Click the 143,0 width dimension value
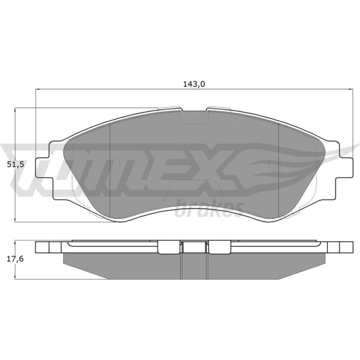pos(194,84)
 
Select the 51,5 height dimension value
pos(15,165)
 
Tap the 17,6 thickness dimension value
pos(15,259)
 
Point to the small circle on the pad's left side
pos(113,164)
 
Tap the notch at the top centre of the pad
pos(194,117)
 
